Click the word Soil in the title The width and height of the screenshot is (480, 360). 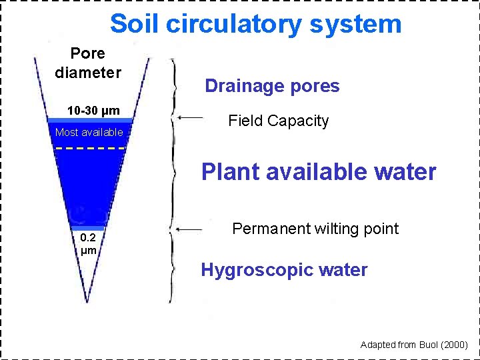tap(135, 24)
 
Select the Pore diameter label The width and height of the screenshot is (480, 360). tap(88, 63)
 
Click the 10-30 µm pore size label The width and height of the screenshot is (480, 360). tap(93, 110)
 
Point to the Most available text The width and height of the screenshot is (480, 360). tap(89, 132)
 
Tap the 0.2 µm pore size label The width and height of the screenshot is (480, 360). tap(88, 244)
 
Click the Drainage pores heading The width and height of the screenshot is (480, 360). tap(272, 86)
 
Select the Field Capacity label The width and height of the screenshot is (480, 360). tap(278, 121)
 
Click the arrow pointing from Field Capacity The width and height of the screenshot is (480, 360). tap(191, 118)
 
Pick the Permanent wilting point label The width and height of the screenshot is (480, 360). tap(315, 229)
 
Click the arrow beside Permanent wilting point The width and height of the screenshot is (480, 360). tap(191, 230)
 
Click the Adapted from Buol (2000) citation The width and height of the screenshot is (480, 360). tap(414, 345)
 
